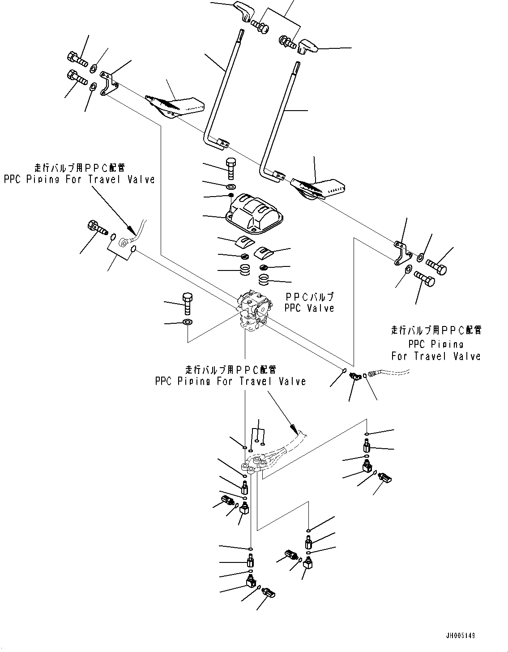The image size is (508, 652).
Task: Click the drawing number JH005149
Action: (460, 636)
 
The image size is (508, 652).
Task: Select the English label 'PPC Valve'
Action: (309, 308)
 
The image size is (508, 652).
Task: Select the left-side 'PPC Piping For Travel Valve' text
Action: (79, 179)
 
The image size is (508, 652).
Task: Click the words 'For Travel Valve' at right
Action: (435, 356)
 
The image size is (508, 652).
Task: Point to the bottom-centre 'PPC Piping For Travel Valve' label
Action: (231, 381)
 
